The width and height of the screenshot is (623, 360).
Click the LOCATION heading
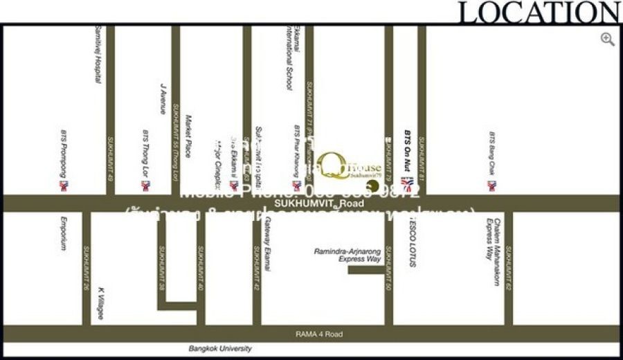(x=539, y=12)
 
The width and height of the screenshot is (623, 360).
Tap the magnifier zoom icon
(x=608, y=39)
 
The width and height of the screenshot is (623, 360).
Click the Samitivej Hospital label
(x=98, y=55)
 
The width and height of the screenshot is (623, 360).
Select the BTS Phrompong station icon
(x=64, y=186)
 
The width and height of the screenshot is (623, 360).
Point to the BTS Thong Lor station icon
(x=145, y=186)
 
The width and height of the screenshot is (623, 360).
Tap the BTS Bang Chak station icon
(x=491, y=186)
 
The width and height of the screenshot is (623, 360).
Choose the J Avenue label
(x=163, y=98)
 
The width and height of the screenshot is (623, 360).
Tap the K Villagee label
(x=100, y=303)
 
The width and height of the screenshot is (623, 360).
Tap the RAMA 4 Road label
(x=318, y=334)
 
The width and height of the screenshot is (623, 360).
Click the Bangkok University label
(x=220, y=349)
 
